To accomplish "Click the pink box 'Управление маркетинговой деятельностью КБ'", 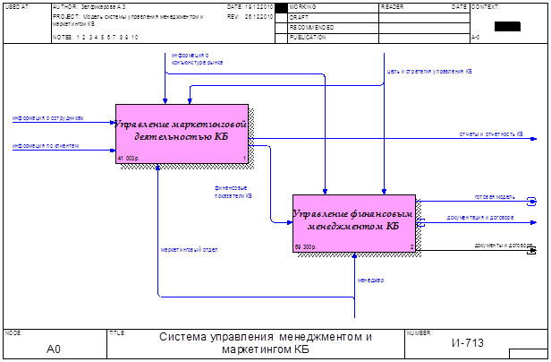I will tap(185, 134).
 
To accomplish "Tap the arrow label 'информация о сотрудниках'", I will tap(48, 117).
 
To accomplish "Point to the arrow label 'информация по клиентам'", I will tap(45, 144).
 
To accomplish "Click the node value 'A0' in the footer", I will tap(53, 348).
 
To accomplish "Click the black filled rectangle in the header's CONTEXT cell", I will tap(506, 25).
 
